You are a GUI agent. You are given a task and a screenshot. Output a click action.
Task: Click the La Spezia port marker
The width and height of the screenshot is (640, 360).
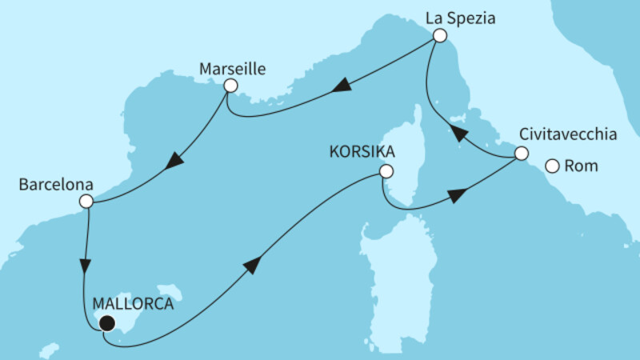point(438,36)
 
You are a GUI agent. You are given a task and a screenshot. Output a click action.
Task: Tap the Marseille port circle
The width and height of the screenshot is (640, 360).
point(230,86)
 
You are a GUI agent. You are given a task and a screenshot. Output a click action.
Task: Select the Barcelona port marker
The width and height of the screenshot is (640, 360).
point(86,203)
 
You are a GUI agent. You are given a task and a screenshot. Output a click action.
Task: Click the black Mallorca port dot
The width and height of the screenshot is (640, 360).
point(106,323)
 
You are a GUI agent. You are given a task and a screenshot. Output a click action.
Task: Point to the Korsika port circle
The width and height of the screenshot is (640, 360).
point(386,171)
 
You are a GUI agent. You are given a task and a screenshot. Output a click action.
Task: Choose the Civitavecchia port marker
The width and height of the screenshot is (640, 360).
point(521,154)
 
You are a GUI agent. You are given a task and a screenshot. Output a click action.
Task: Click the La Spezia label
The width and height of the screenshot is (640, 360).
point(461,15)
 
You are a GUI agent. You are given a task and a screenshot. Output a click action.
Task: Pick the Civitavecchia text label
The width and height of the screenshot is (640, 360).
point(567,134)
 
